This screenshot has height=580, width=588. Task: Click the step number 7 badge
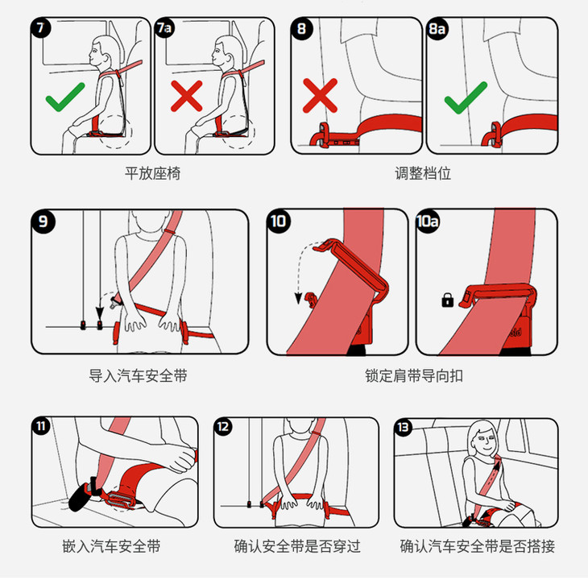pyautogui.click(x=40, y=27)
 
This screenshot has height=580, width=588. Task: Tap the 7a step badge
pyautogui.click(x=164, y=27)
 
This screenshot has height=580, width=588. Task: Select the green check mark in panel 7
pyautogui.click(x=65, y=97)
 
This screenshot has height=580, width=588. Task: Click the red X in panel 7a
pyautogui.click(x=186, y=96)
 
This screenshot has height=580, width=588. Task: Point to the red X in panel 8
pyautogui.click(x=320, y=96)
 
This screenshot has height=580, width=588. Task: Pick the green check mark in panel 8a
pyautogui.click(x=466, y=97)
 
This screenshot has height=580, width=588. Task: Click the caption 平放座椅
pyautogui.click(x=152, y=173)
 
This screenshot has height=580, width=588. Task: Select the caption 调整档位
pyautogui.click(x=423, y=173)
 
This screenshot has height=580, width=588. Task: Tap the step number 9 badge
pyautogui.click(x=43, y=222)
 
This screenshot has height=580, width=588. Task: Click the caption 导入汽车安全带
pyautogui.click(x=138, y=375)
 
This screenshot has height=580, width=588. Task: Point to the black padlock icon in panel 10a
pyautogui.click(x=447, y=300)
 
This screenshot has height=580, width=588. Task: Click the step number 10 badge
pyautogui.click(x=279, y=222)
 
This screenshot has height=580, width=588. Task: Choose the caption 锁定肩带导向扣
pyautogui.click(x=414, y=375)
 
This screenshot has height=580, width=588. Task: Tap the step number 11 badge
pyautogui.click(x=41, y=426)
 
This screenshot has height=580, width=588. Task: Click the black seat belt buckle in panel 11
pyautogui.click(x=81, y=495)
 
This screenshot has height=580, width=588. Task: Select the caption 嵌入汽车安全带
pyautogui.click(x=111, y=546)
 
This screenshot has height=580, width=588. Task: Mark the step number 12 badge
pyautogui.click(x=223, y=427)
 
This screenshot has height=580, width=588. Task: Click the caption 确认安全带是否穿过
pyautogui.click(x=297, y=546)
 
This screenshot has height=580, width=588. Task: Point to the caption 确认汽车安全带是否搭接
pyautogui.click(x=478, y=546)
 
